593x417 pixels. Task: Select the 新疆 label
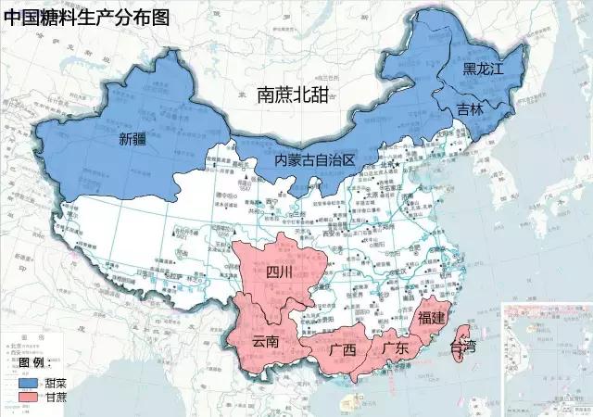point(133,140)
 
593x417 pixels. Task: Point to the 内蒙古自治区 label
point(315,160)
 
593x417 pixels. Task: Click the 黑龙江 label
point(482,69)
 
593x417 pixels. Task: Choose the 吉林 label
point(470,108)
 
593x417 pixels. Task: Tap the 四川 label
point(279,272)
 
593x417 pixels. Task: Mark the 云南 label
point(266,341)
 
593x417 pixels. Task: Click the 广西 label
point(342,350)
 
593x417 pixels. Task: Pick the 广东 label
point(396,348)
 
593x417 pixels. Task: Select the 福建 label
point(433,318)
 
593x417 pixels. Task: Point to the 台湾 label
point(463,347)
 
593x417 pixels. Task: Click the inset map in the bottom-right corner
point(546,358)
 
